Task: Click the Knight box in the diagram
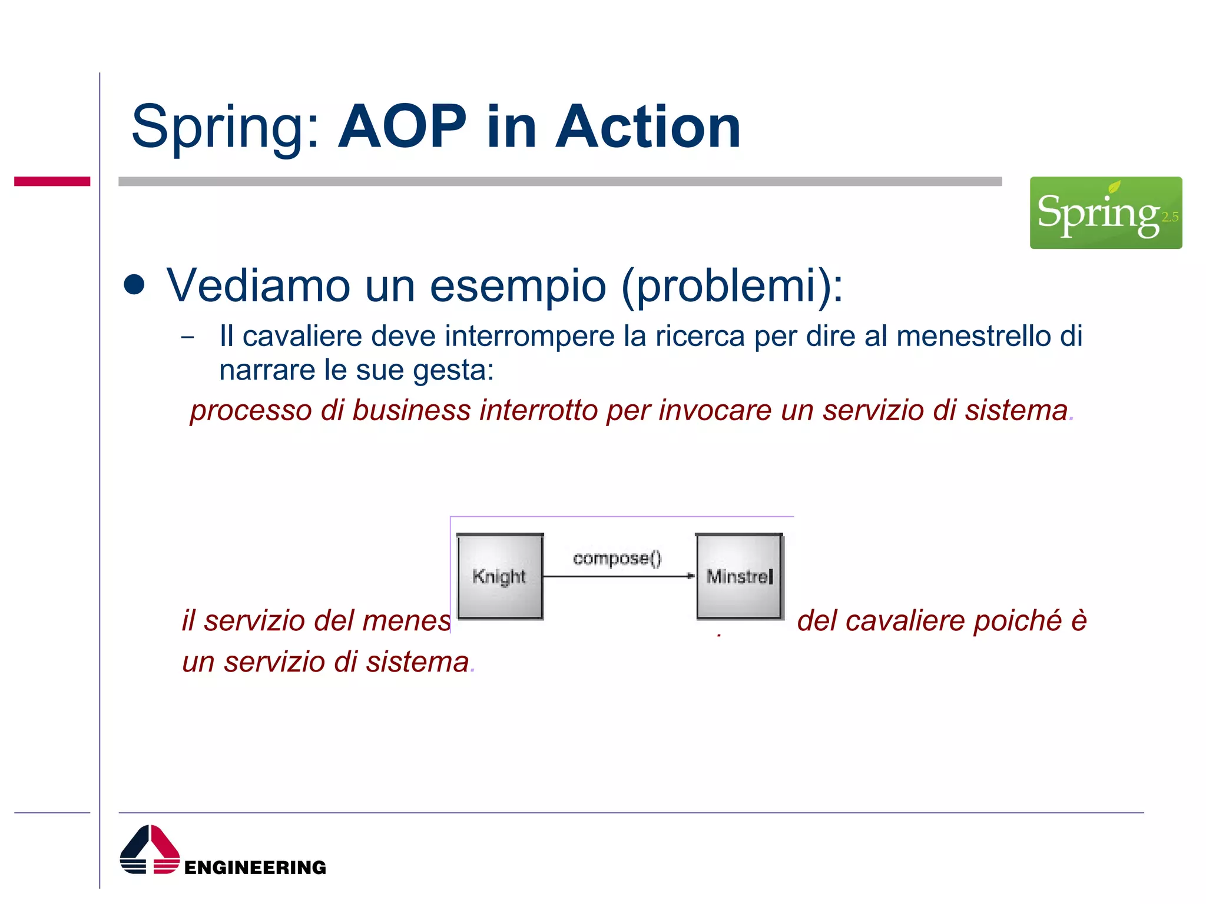coord(499,576)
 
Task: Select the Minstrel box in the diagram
coord(740,576)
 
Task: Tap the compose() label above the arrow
coord(617,557)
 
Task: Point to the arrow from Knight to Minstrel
coord(618,576)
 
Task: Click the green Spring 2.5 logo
coord(1105,212)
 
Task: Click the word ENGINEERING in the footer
coord(255,868)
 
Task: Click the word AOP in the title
coord(402,127)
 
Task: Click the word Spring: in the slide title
coord(226,127)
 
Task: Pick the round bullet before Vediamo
coord(135,285)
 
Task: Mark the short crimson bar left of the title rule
coord(52,181)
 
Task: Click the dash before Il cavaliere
coord(188,338)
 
